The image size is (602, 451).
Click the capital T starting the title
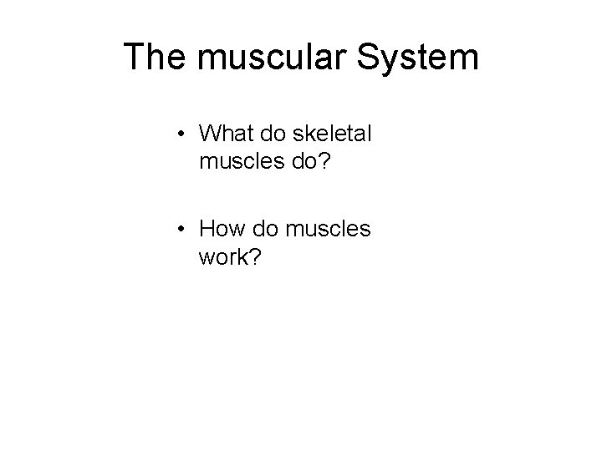tap(134, 57)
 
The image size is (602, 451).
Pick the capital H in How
tap(209, 228)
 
